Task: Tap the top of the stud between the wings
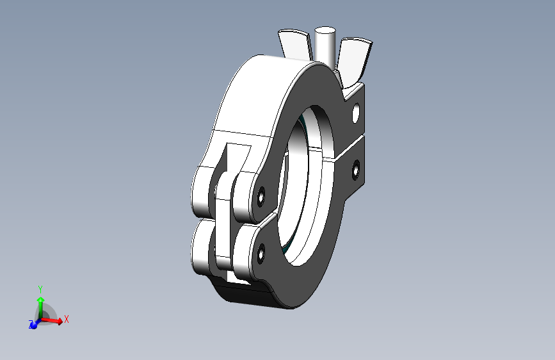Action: [x=326, y=30]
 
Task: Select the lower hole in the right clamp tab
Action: [x=356, y=169]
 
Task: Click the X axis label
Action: [x=66, y=318]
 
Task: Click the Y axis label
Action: [x=40, y=289]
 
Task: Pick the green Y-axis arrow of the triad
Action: [x=40, y=304]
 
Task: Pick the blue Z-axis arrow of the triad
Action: [x=35, y=323]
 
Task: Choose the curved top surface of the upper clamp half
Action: [x=256, y=90]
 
